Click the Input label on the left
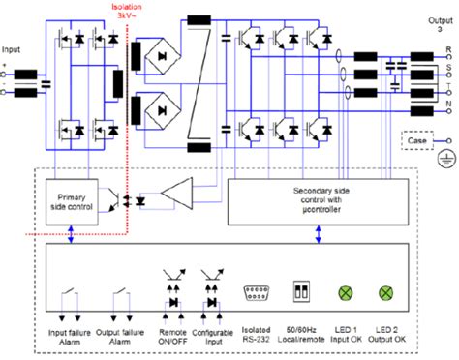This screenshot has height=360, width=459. (x=12, y=48)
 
